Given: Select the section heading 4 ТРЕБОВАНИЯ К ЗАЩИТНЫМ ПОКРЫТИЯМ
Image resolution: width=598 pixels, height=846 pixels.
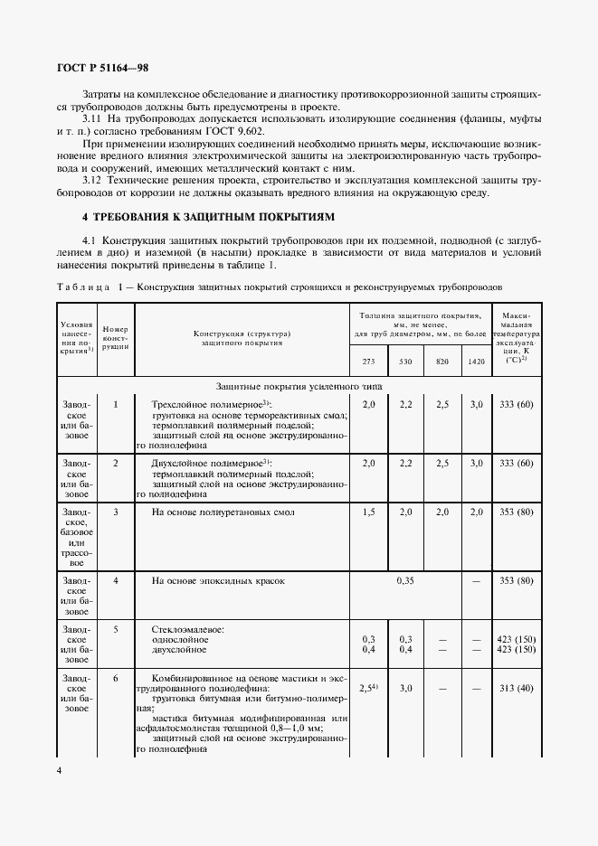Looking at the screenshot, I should [x=208, y=217].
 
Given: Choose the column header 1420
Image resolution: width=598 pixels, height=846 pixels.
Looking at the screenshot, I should [x=476, y=362].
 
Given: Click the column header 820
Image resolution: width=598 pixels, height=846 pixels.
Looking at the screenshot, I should [x=442, y=362].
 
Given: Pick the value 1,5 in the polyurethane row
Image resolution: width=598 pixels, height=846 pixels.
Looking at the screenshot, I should [x=368, y=512].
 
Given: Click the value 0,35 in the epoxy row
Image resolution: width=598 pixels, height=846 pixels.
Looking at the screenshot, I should [x=405, y=580].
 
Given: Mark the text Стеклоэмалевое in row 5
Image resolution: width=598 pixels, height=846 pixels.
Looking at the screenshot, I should [x=188, y=628].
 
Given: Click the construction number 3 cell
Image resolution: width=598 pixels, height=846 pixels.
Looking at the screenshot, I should [x=116, y=512].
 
